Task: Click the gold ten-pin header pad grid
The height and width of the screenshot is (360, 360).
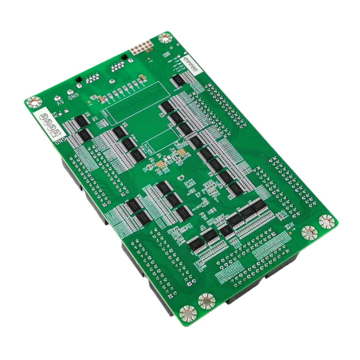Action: tap(141, 47)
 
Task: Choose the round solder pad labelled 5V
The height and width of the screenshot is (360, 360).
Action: tap(57, 98)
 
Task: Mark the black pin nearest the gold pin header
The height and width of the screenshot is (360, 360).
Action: tap(124, 57)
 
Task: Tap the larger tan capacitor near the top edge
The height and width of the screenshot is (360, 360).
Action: tap(143, 78)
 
